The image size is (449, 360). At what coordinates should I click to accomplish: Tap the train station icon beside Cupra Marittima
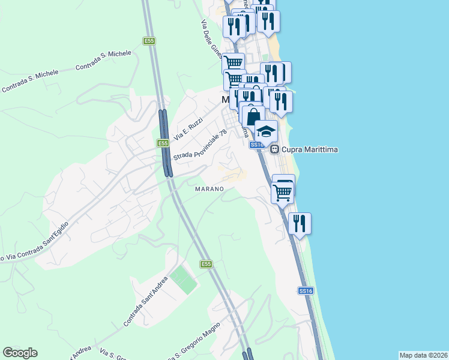coord(274,149)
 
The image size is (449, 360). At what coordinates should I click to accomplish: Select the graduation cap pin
coord(266,130)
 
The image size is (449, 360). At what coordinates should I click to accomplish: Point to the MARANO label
coord(209,189)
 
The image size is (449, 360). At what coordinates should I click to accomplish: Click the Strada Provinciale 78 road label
coord(200,145)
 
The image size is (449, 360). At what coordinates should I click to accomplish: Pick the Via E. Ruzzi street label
coord(188,129)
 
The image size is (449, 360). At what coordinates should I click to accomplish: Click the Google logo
coord(20,353)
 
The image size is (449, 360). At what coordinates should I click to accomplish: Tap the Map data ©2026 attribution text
coord(424,355)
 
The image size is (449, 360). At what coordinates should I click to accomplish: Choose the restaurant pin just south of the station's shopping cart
coord(300,223)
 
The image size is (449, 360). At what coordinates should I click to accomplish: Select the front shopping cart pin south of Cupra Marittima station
coord(282,193)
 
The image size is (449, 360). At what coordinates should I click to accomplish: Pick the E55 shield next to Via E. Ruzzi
coord(162,143)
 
